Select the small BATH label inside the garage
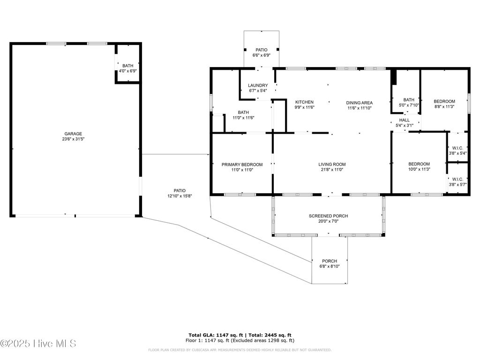127,66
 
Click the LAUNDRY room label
258,85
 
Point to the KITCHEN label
304,102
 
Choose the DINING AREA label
360,103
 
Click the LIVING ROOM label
332,165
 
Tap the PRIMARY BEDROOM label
242,165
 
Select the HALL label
404,120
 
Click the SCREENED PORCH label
328,216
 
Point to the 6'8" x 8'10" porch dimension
329,267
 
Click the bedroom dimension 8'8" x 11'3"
444,107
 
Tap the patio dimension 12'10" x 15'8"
180,196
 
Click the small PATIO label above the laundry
261,50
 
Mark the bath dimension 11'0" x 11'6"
243,118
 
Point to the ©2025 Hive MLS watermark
38,344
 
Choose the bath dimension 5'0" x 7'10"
409,105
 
